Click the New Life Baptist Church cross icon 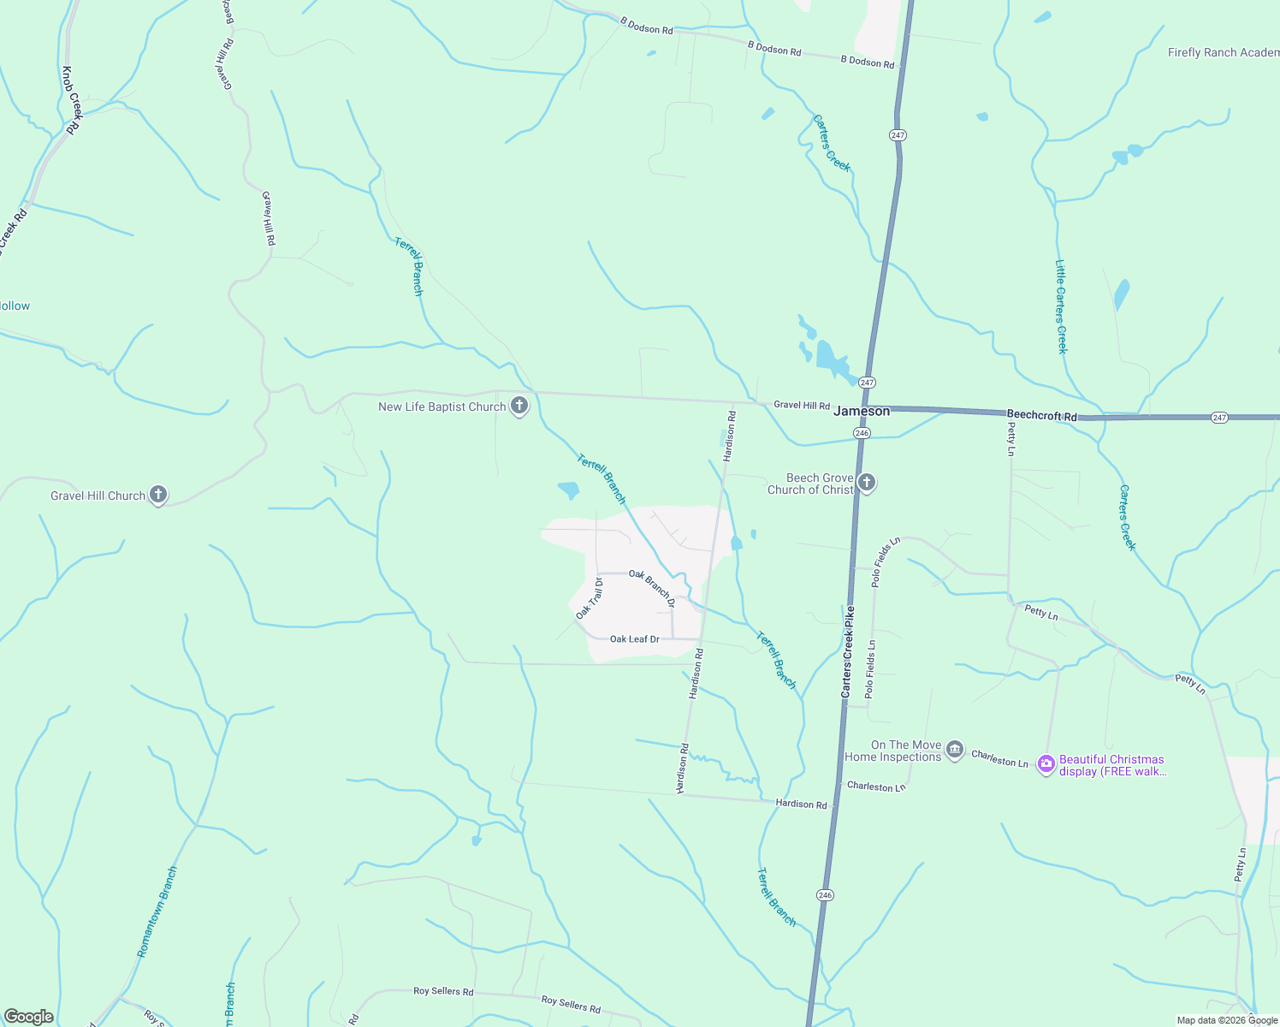(x=519, y=406)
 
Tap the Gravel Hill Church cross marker (x=157, y=495)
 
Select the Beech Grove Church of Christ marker (x=867, y=484)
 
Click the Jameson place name (x=862, y=411)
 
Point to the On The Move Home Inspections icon (x=956, y=751)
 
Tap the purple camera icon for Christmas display (x=1046, y=764)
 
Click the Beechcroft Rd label (x=1041, y=415)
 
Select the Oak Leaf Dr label (x=634, y=639)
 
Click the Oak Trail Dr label (x=590, y=598)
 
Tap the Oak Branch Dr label (x=653, y=588)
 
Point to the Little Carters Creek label (x=1061, y=306)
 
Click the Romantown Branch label (x=157, y=911)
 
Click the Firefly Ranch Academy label (x=1223, y=52)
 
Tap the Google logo (x=29, y=1016)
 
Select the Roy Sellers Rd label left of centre (x=443, y=991)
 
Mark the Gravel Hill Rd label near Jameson (x=802, y=405)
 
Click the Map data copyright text (x=1226, y=1020)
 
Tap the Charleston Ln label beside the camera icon (x=999, y=759)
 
